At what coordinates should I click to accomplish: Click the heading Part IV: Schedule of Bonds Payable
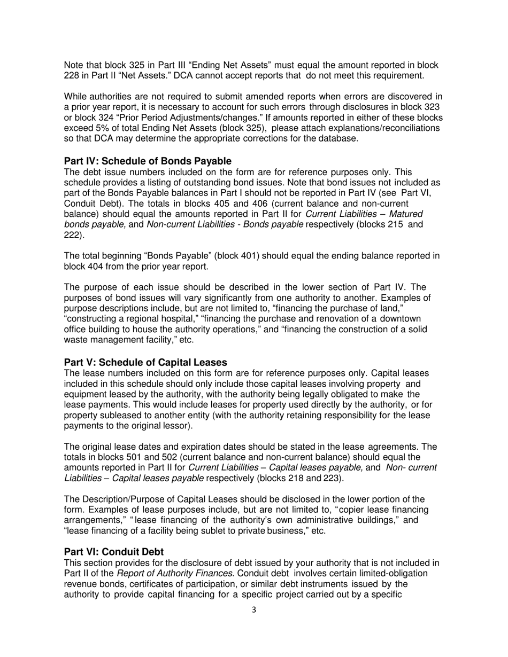pyautogui.click(x=148, y=161)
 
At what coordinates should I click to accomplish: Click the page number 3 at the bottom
pyautogui.click(x=253, y=610)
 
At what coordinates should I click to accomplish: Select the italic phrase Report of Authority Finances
pyautogui.click(x=151, y=573)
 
